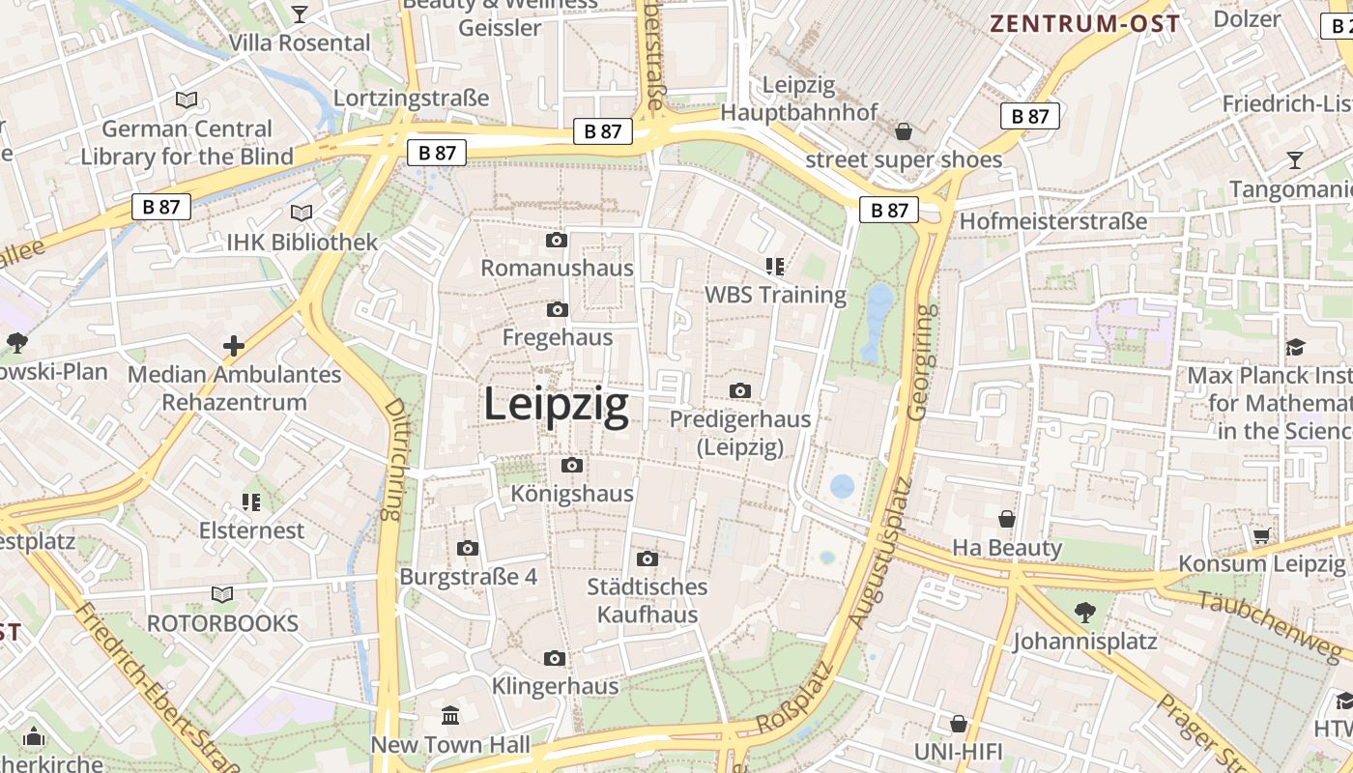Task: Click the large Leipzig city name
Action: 556,405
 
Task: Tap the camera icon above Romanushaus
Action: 557,240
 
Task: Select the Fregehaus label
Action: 558,337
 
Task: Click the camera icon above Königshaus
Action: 572,466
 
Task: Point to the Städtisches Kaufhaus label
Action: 648,600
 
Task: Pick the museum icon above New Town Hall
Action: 450,716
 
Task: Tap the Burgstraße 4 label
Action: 469,577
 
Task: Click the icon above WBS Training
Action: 774,266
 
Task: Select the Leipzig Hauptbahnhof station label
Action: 799,99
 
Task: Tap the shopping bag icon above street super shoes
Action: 904,130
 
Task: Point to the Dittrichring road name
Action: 393,460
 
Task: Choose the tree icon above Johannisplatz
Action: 1084,611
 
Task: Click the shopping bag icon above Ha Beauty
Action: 1007,519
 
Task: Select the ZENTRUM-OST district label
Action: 1085,24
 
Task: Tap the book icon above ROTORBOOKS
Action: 222,594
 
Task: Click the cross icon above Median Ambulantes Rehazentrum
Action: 234,345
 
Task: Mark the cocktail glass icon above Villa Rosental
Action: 300,14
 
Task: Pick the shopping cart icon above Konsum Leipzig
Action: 1261,535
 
